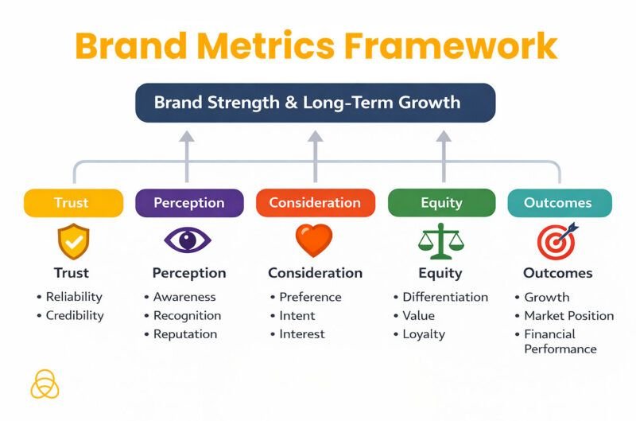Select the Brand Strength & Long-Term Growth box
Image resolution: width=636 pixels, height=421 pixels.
(x=315, y=103)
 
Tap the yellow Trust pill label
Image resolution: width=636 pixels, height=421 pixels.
(x=73, y=203)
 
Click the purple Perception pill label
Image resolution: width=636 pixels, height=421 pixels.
(x=188, y=203)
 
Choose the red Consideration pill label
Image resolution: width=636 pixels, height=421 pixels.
(x=315, y=203)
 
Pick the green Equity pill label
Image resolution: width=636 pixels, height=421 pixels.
(x=441, y=203)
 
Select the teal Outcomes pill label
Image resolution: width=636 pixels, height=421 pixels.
(x=559, y=203)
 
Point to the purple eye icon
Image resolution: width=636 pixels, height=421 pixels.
(x=188, y=240)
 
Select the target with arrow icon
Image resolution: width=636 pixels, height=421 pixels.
(x=557, y=240)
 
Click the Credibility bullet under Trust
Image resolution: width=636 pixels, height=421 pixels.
(x=74, y=315)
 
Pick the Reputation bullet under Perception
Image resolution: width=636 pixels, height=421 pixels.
(x=184, y=334)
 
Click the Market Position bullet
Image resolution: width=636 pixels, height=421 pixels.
(x=568, y=316)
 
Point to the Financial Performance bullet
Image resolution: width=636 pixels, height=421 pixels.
(x=560, y=341)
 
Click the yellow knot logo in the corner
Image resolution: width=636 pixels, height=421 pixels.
(x=45, y=384)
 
